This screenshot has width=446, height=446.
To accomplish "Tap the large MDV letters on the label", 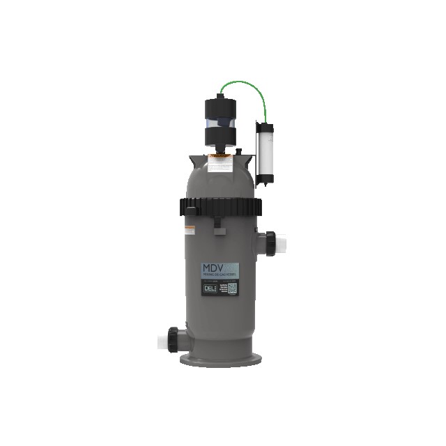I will pos(215,268).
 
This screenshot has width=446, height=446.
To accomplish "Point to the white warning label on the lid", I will pos(221,164).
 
